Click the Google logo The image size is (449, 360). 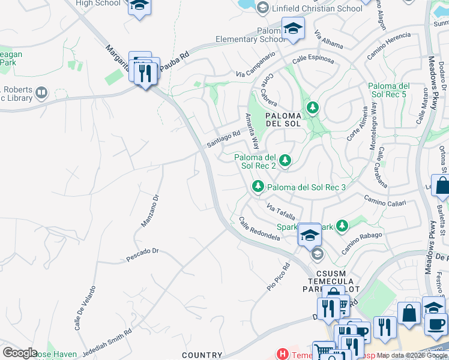click(x=20, y=353)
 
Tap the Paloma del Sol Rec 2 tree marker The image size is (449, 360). click(x=285, y=160)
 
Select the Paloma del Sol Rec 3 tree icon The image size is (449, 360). click(x=258, y=187)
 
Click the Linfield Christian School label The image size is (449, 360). click(x=316, y=8)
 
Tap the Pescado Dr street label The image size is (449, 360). click(x=142, y=255)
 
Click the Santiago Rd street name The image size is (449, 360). click(x=223, y=140)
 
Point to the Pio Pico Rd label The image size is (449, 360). click(x=279, y=276)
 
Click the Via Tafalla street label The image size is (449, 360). click(x=281, y=211)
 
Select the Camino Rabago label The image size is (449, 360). click(x=362, y=242)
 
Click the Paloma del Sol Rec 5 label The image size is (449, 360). click(x=388, y=90)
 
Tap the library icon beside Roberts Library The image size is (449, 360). click(x=41, y=92)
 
